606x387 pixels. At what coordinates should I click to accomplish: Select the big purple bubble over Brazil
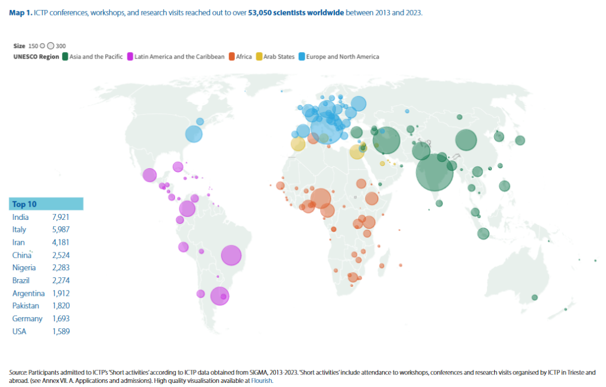(x=231, y=255)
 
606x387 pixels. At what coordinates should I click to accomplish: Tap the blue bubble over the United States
(x=194, y=134)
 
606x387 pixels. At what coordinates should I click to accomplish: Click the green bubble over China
(x=466, y=141)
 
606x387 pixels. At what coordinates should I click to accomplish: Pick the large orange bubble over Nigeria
(x=321, y=199)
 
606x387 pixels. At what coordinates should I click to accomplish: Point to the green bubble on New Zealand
(x=534, y=298)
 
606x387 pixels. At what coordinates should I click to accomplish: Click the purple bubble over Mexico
(x=149, y=175)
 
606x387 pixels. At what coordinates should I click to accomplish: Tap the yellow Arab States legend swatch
(x=259, y=57)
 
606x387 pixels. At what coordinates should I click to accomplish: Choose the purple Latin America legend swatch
(x=130, y=57)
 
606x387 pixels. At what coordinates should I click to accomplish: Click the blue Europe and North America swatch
(x=301, y=57)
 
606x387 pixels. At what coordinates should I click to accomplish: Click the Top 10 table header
(x=25, y=204)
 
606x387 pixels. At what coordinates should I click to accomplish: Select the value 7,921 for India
(x=61, y=217)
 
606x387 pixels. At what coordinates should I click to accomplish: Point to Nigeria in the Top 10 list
(x=25, y=268)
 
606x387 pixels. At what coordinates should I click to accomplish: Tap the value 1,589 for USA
(x=61, y=331)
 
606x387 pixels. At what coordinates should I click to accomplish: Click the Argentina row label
(x=28, y=293)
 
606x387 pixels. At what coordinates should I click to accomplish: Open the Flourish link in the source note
(x=261, y=380)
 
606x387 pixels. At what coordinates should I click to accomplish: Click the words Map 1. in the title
(x=20, y=12)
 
